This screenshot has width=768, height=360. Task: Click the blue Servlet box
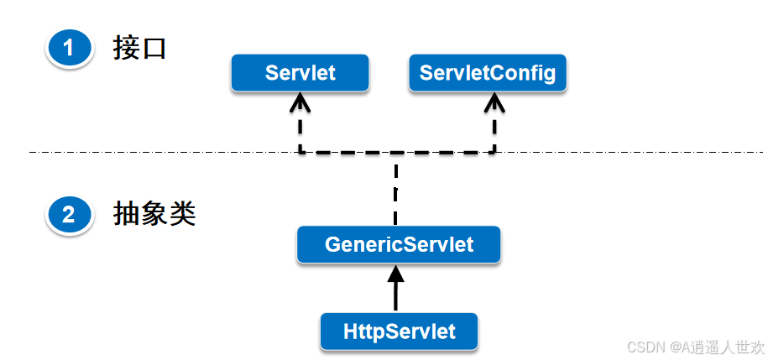click(300, 73)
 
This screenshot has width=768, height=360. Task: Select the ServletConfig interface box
click(488, 73)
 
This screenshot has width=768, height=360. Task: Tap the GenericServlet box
click(399, 245)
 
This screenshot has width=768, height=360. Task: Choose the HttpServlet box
click(399, 331)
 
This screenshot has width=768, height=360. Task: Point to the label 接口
click(140, 49)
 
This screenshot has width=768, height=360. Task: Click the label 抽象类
click(154, 215)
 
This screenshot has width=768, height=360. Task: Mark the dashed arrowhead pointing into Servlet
click(300, 102)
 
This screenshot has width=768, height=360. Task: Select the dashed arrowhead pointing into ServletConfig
click(494, 102)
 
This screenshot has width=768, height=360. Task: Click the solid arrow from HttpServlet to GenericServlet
click(395, 290)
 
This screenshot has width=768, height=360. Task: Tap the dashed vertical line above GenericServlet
click(395, 189)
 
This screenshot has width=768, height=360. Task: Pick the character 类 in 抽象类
click(182, 215)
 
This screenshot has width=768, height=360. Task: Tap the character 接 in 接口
click(127, 49)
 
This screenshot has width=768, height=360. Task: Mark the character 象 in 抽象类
click(154, 215)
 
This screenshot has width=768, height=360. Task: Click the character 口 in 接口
click(154, 49)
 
